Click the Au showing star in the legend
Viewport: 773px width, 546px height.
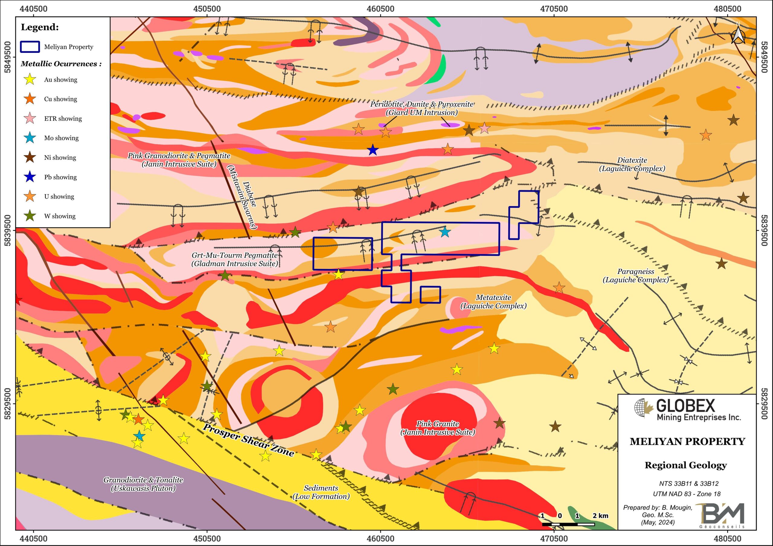(30, 79)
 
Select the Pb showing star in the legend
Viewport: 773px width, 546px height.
(30, 177)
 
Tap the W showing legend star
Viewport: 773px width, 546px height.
(30, 216)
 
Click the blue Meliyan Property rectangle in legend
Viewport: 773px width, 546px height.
(30, 47)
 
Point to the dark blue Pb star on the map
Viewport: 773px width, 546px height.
(372, 150)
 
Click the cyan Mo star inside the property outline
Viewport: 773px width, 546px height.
(445, 232)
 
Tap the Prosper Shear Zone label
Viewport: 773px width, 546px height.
(249, 440)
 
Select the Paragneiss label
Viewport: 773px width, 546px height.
(636, 275)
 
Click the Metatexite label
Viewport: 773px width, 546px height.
(494, 301)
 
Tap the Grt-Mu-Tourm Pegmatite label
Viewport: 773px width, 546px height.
(235, 259)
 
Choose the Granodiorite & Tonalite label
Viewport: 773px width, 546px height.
(143, 484)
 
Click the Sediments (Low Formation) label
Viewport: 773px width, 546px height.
(321, 492)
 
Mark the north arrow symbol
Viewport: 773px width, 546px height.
(736, 36)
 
